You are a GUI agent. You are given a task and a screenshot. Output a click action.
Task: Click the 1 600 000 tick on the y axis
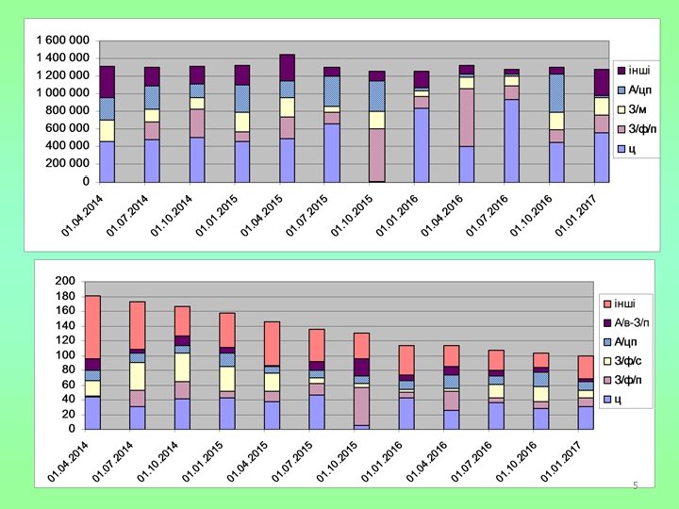tap(61, 41)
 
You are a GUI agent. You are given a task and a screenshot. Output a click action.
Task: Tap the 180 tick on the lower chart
tap(65, 296)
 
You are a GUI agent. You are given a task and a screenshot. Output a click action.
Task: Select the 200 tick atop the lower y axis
tap(65, 281)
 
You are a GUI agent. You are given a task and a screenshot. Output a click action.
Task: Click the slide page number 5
tap(636, 485)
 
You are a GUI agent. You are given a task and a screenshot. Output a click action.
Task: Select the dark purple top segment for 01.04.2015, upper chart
tap(288, 67)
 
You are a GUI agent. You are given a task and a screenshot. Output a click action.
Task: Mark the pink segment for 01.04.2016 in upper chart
tap(466, 118)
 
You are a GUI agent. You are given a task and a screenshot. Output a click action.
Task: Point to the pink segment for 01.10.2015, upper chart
tap(376, 155)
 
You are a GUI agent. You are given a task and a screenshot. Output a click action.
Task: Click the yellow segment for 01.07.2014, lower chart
tap(138, 376)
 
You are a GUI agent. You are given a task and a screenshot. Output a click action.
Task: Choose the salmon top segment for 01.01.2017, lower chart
tap(587, 367)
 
